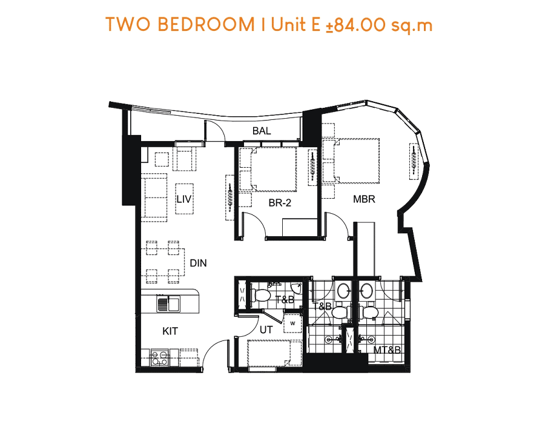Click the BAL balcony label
(x=262, y=131)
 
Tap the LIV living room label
(x=184, y=199)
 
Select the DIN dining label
(x=198, y=263)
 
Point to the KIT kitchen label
(x=170, y=331)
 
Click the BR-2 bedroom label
(x=279, y=203)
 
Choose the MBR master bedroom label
(x=364, y=199)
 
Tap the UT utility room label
(x=266, y=330)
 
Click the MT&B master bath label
(x=387, y=350)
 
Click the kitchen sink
(x=168, y=304)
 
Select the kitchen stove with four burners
(x=159, y=358)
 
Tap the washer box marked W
(x=292, y=323)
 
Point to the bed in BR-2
(x=274, y=169)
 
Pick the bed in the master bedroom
(x=356, y=161)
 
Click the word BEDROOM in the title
(x=206, y=24)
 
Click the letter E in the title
(x=315, y=24)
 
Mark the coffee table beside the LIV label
(x=184, y=199)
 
